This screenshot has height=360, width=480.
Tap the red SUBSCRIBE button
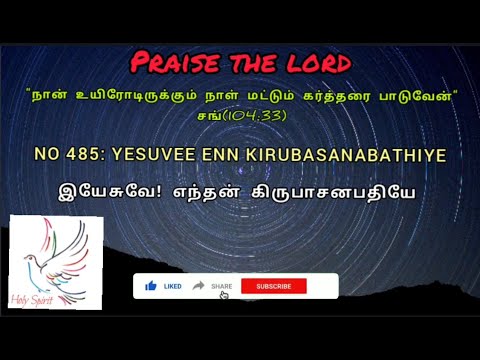tap(273, 286)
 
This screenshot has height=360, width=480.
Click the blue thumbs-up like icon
tap(151, 286)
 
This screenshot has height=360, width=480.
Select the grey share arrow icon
tap(199, 286)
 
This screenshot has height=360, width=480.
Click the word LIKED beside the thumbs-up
tap(172, 286)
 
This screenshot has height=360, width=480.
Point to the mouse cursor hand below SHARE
tap(224, 295)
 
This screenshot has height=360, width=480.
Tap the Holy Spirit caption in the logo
tap(38, 297)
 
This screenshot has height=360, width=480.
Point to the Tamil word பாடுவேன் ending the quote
tap(423, 96)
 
